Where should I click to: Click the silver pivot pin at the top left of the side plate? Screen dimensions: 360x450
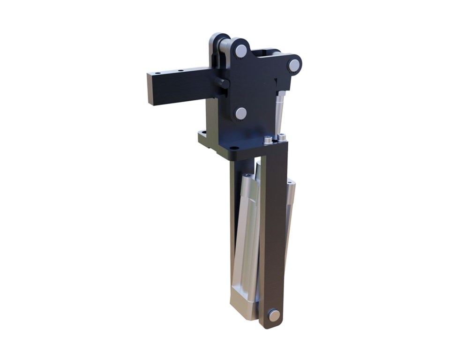pyautogui.click(x=241, y=51)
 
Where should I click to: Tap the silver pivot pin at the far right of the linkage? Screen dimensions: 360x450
pyautogui.click(x=294, y=65)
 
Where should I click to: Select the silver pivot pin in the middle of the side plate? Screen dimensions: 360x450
pyautogui.click(x=241, y=113)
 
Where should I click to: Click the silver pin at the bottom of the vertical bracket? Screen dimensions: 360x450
pyautogui.click(x=274, y=315)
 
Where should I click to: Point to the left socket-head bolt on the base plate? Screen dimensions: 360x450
pyautogui.click(x=268, y=140)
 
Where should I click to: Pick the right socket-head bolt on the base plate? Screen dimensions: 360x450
pyautogui.click(x=282, y=138)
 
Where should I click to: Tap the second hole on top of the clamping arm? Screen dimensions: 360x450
pyautogui.click(x=180, y=71)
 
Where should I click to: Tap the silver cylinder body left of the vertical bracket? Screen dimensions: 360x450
pyautogui.click(x=246, y=234)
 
